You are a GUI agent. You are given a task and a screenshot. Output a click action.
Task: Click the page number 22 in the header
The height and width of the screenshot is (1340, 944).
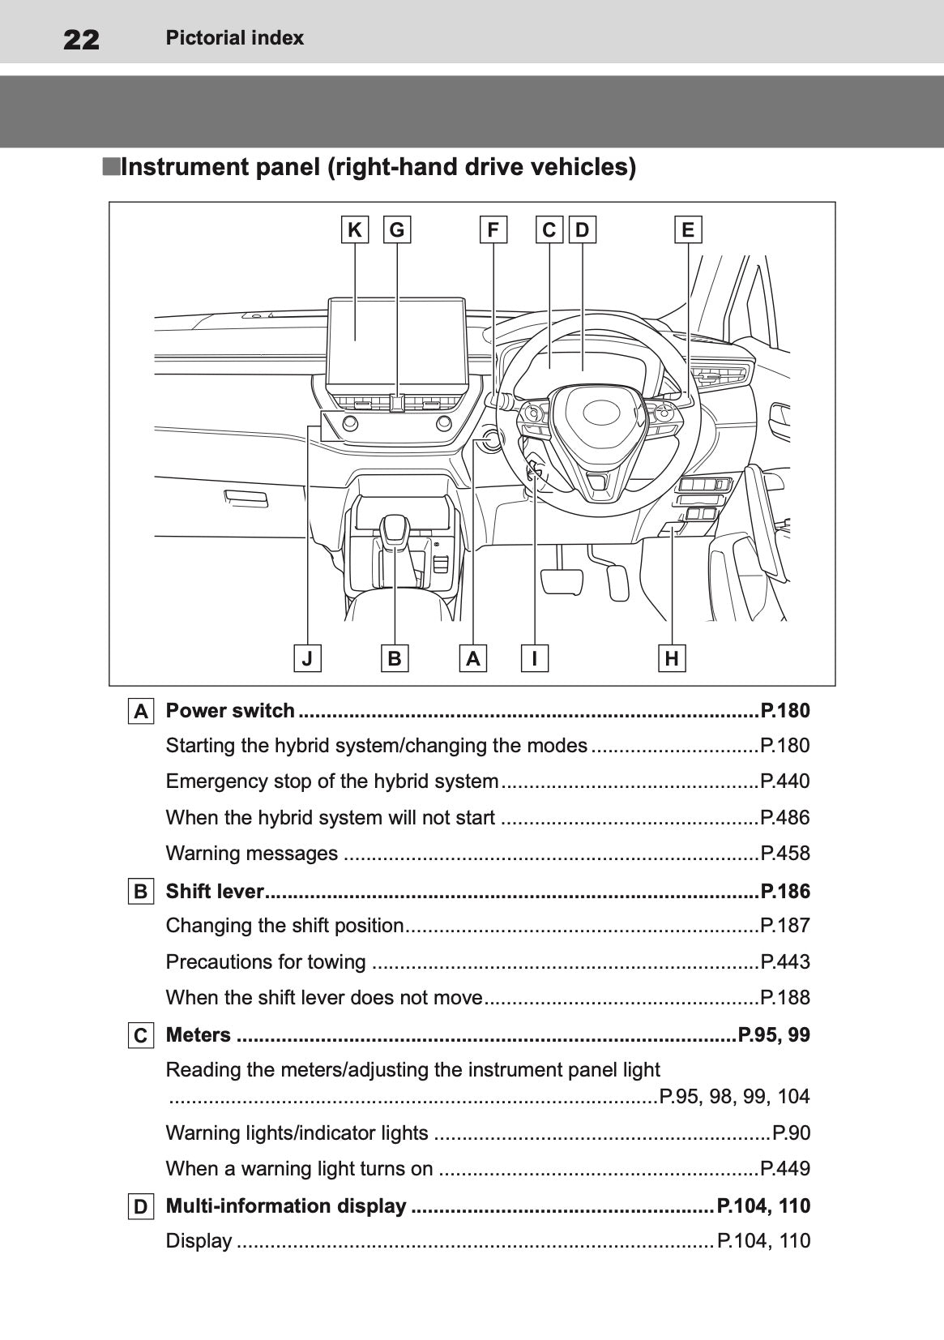coord(81,39)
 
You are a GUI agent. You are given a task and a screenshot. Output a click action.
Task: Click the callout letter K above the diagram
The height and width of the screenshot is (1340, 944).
coord(354,230)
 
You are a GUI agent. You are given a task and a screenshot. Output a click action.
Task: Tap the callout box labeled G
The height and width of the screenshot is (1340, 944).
coord(396,230)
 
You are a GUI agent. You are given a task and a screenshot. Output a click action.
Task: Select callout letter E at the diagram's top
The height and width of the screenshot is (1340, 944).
coord(688,230)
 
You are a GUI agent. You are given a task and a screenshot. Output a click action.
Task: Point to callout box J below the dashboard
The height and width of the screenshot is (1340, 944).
coord(307,658)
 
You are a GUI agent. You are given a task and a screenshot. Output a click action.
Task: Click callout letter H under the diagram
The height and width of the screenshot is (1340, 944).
coord(672,658)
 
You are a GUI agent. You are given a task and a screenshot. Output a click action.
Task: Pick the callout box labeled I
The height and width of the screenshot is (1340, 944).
coord(535,658)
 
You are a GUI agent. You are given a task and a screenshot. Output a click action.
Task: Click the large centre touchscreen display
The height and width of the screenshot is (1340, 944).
coord(397,340)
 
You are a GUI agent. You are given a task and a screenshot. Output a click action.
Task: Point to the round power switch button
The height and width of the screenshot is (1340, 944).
coord(489,441)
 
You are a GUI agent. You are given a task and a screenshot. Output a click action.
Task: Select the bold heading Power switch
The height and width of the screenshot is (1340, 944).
coord(230,711)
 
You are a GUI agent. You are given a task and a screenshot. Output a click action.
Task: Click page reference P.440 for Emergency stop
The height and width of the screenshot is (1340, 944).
coord(784,781)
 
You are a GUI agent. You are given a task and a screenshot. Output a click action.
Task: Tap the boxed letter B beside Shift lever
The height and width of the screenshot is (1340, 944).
coord(140,892)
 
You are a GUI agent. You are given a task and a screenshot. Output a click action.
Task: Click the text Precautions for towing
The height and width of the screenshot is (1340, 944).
coord(266,962)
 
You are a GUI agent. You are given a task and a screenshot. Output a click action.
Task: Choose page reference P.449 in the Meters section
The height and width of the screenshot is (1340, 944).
coord(784,1169)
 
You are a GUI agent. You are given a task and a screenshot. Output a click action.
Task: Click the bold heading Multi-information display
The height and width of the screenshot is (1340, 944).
coord(286,1206)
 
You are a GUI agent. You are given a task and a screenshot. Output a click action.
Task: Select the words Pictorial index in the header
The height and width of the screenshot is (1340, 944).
coord(234,38)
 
